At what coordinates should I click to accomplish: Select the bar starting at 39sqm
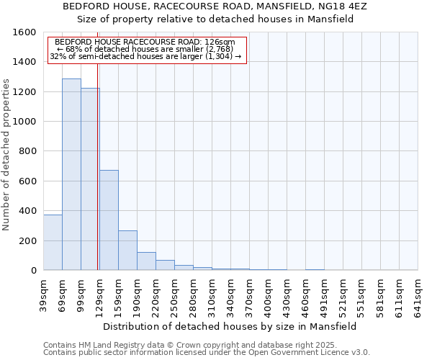pyautogui.click(x=53, y=242)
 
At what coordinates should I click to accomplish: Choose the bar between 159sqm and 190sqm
pyautogui.click(x=127, y=250)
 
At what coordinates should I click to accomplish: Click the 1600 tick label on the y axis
pyautogui.click(x=24, y=32)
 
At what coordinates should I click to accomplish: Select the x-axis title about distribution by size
pyautogui.click(x=230, y=326)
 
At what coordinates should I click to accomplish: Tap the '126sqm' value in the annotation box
pyautogui.click(x=220, y=42)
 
